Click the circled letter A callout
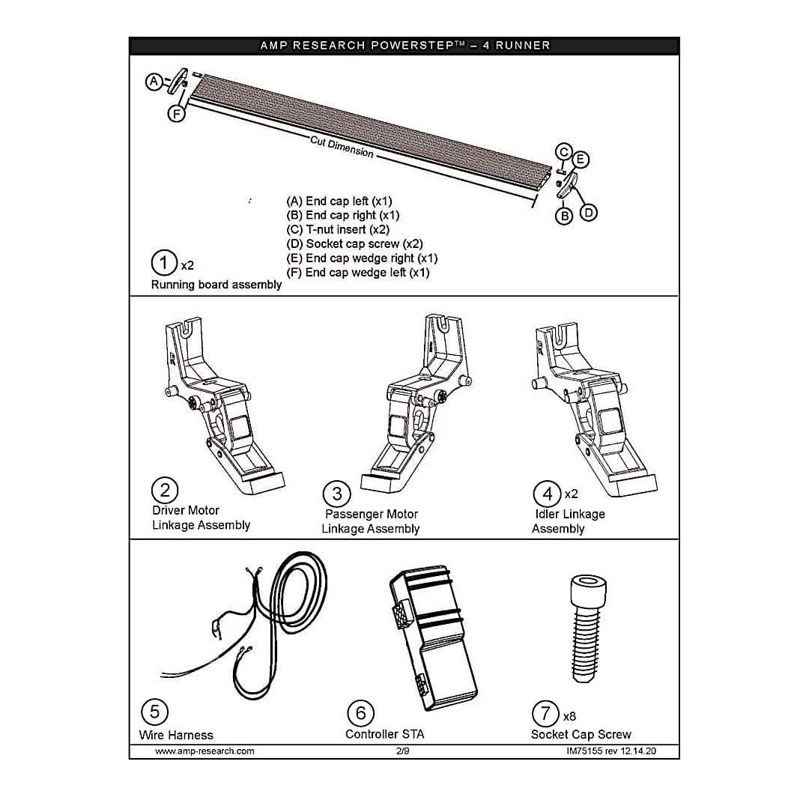154,82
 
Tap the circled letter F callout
176,114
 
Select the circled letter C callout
564,153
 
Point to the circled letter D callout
589,213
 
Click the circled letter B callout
564,216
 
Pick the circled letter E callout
581,160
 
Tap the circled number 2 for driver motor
165,491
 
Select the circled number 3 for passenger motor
337,494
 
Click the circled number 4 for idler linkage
547,494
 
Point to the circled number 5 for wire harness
154,712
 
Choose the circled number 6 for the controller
361,712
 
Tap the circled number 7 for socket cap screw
545,712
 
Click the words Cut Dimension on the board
342,147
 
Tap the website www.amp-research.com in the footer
204,751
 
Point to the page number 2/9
402,751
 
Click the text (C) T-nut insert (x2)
338,230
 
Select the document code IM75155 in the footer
590,751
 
